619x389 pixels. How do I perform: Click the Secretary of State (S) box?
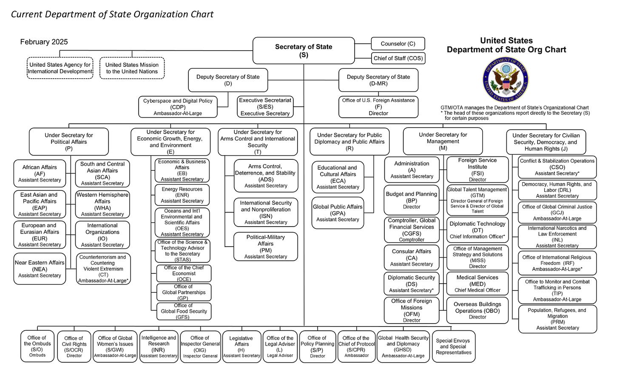(304, 51)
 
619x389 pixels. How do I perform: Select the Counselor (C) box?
(398, 44)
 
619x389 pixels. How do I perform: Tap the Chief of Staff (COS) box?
(398, 58)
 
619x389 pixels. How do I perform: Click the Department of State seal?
(505, 80)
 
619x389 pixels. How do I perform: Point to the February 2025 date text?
(44, 42)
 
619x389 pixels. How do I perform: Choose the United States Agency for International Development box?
(60, 68)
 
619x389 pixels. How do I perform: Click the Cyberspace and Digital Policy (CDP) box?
(178, 107)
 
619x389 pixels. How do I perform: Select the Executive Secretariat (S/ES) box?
(265, 107)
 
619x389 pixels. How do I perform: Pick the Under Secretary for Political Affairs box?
(69, 142)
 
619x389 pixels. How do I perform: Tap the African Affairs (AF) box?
(40, 173)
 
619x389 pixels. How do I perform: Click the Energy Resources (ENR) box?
(182, 195)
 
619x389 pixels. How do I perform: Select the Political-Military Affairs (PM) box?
(265, 247)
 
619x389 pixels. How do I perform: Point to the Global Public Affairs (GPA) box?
(338, 213)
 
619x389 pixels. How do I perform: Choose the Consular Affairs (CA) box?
(411, 257)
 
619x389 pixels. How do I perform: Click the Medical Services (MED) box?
(477, 283)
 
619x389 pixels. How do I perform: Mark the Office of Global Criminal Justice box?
(557, 212)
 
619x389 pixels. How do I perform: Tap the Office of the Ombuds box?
(37, 346)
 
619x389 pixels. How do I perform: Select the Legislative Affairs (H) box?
(241, 346)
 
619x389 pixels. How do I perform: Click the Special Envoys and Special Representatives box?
(454, 346)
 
